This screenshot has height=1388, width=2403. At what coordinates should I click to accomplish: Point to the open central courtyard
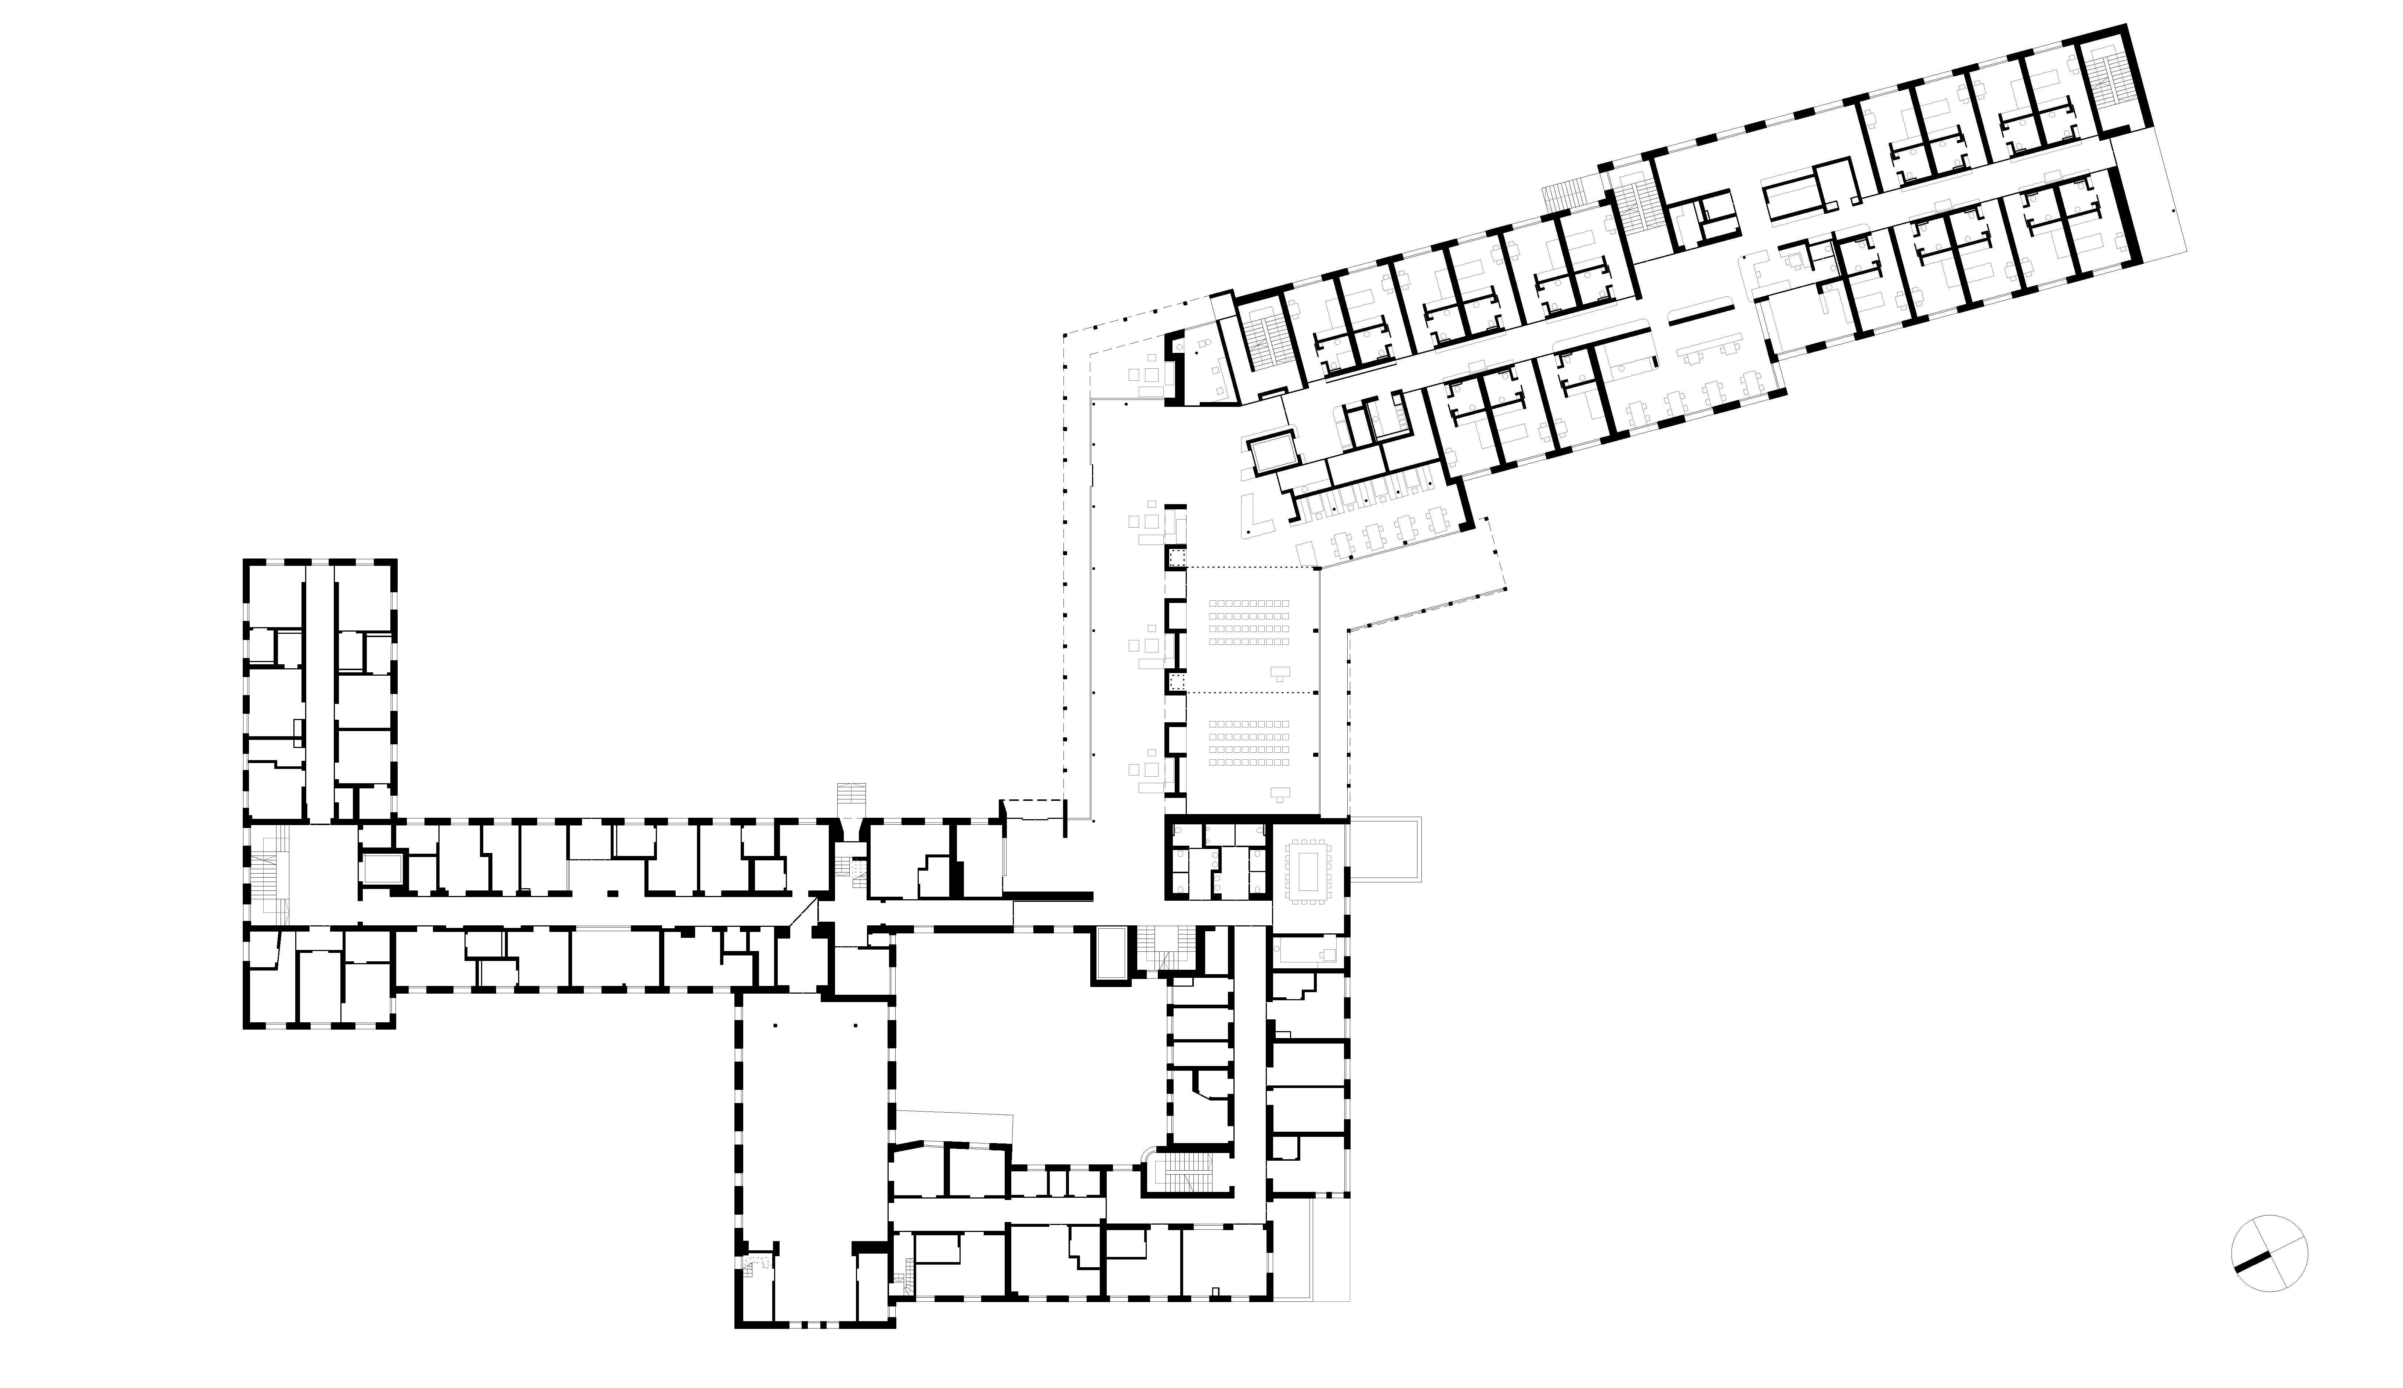[1020, 1039]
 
